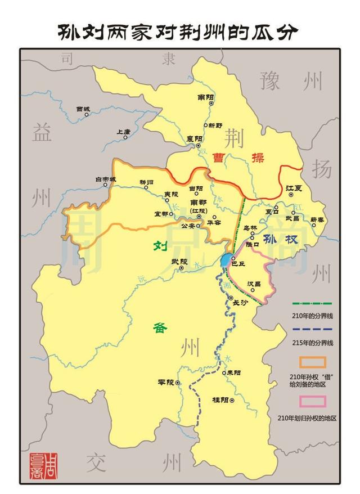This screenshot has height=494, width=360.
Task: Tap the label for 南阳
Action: (206, 97)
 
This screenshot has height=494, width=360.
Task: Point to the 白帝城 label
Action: (105, 179)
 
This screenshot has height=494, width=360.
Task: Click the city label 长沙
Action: (240, 303)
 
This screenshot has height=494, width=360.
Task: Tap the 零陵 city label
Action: (167, 382)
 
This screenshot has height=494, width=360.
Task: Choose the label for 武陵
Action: (180, 261)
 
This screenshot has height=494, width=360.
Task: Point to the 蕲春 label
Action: (317, 219)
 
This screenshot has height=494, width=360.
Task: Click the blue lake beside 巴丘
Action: (226, 260)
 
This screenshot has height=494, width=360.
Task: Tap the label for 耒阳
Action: (233, 372)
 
